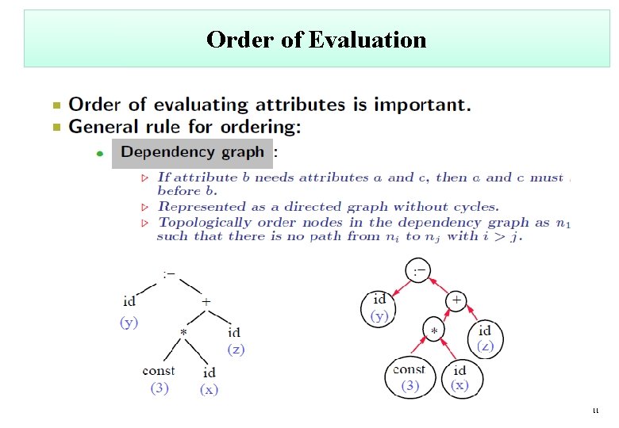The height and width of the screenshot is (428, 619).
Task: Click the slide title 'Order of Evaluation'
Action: point(316,39)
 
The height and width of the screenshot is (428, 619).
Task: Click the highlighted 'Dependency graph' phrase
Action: point(192,152)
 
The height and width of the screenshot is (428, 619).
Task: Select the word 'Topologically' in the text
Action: point(204,223)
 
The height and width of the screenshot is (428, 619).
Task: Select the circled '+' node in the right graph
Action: point(456,301)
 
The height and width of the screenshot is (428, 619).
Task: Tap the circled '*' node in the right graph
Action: point(434,330)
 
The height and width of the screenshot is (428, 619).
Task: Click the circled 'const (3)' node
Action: point(409,378)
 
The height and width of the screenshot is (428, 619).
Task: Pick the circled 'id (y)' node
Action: point(379,308)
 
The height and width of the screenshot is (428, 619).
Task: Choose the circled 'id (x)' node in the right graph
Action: point(459,378)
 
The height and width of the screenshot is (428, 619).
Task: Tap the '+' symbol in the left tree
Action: point(206,302)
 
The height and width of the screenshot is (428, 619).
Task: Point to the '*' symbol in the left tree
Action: point(183,333)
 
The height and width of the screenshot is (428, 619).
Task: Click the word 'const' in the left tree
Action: point(159,370)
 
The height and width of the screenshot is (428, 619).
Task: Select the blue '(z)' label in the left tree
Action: point(236,349)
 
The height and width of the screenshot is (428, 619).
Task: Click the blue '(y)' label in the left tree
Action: point(129,322)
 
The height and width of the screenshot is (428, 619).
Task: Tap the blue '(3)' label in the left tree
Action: point(160,388)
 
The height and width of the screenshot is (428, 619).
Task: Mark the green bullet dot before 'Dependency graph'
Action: point(99,154)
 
